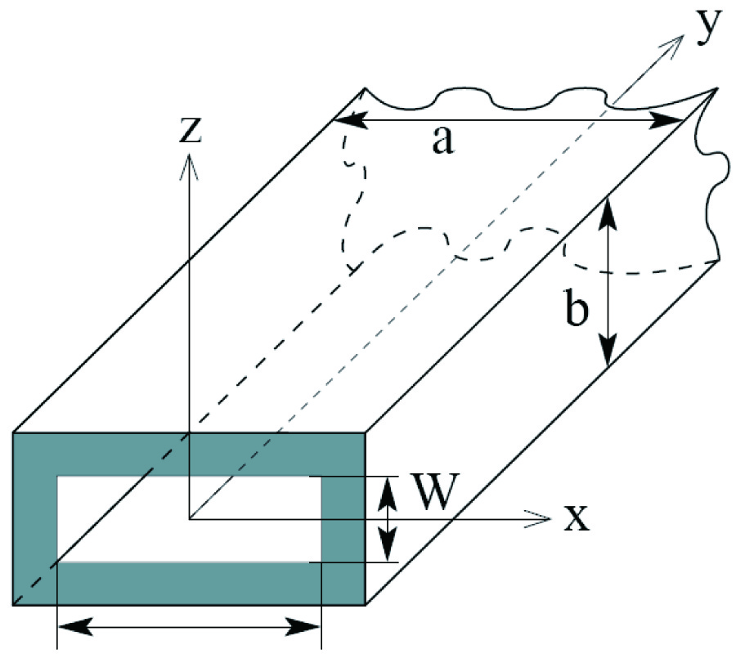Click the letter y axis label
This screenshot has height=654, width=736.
[710, 26]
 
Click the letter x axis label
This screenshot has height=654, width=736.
[576, 518]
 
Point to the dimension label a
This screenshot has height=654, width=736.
[441, 141]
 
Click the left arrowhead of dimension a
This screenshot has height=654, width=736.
[338, 120]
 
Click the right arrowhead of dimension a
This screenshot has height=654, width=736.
[682, 120]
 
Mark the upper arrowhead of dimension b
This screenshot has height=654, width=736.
[606, 201]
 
